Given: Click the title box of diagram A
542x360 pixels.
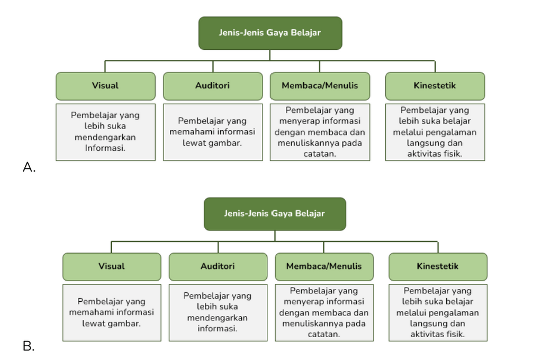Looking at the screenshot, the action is point(270,33).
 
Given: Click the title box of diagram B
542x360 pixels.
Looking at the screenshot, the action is point(275,214).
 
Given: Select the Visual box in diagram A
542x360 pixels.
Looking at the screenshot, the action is point(105,86).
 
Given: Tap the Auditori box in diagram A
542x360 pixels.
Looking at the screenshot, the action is point(213,86).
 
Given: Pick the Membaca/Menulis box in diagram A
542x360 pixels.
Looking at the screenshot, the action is point(320,86).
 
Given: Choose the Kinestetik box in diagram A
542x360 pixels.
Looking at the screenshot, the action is point(435,86).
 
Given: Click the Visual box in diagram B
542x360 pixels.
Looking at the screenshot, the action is point(112,267).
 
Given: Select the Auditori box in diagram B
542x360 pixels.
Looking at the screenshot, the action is point(218,267).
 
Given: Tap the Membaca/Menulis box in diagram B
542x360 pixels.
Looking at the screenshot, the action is point(324,267).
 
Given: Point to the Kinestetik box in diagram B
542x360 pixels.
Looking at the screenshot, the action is point(438,267).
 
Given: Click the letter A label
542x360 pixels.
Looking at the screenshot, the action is point(29,167).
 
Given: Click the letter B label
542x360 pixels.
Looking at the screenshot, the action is point(29,346).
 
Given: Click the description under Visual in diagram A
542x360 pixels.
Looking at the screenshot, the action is point(105,132).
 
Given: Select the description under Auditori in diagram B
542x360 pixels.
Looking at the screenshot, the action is point(218,313).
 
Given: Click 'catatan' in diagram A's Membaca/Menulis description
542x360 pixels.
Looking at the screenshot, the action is point(320,154).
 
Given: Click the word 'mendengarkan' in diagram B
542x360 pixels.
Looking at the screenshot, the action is point(218,318).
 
